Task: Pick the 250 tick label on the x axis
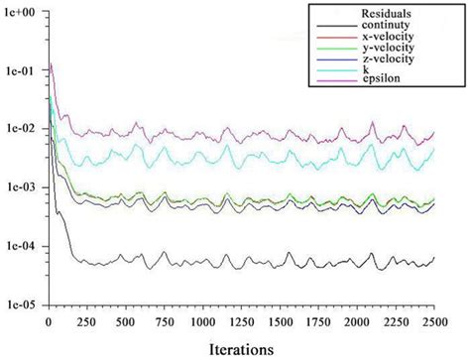(86, 323)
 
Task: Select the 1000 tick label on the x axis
(201, 323)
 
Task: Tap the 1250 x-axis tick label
(239, 323)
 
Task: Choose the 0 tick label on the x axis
(49, 323)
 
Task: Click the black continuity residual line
(248, 262)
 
